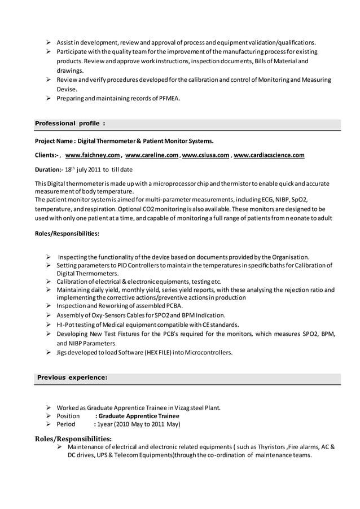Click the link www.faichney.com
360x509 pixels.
pyautogui.click(x=93, y=155)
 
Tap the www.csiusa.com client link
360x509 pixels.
pyautogui.click(x=205, y=155)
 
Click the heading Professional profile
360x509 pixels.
pyautogui.click(x=69, y=124)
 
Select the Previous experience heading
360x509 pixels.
pyautogui.click(x=72, y=378)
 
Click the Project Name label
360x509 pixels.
pyautogui.click(x=55, y=141)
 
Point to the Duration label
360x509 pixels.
pyautogui.click(x=49, y=169)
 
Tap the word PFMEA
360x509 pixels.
pyautogui.click(x=169, y=99)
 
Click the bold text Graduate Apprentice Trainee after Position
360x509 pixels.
pyautogui.click(x=139, y=416)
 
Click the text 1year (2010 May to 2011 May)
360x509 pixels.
pyautogui.click(x=139, y=424)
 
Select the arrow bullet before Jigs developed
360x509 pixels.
pyautogui.click(x=49, y=353)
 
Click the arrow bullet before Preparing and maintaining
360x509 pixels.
pyautogui.click(x=49, y=99)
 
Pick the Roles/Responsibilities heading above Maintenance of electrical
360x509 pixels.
pyautogui.click(x=73, y=438)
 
